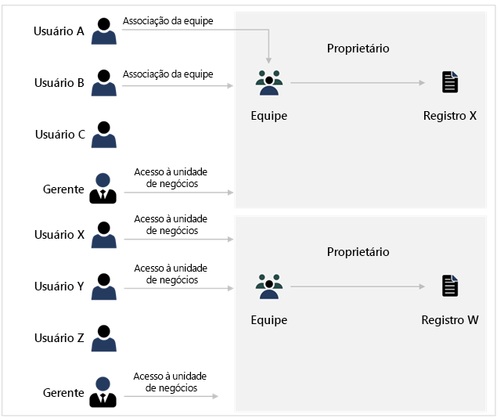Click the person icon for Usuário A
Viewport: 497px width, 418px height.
[103, 31]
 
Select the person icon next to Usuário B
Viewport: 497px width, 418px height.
[103, 82]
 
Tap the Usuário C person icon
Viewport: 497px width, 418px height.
[103, 134]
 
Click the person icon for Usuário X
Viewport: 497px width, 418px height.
[103, 235]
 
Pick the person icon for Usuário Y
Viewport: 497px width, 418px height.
[103, 286]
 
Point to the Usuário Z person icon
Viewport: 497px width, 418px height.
[103, 338]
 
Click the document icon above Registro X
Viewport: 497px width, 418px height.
[449, 82]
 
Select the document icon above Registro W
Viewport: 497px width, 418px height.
[449, 286]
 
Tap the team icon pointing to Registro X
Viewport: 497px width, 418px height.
[268, 83]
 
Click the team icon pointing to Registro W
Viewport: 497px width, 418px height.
[268, 287]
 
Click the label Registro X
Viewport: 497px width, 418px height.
[449, 116]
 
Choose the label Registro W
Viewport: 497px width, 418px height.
[449, 320]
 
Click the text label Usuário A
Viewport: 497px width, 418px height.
[59, 31]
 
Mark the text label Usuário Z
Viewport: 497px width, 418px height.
[59, 338]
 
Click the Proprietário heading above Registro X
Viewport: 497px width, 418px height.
[358, 49]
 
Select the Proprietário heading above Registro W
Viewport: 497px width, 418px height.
[358, 252]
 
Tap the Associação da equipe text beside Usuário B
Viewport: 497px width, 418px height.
[167, 74]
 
